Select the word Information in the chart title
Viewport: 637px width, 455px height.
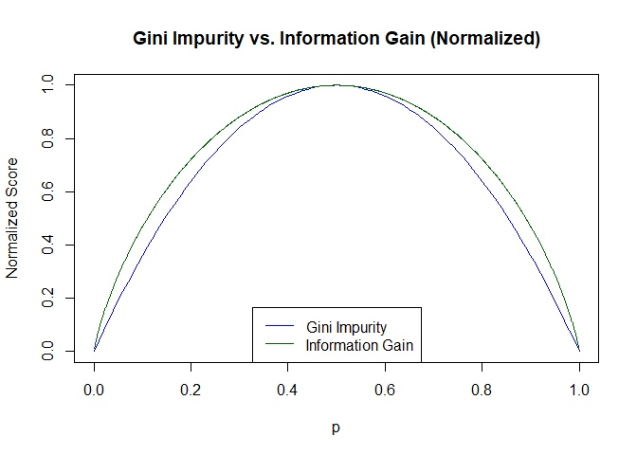point(327,39)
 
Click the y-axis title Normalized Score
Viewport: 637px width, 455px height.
point(12,218)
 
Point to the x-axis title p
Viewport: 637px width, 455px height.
point(337,428)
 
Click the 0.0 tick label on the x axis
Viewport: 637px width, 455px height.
point(94,388)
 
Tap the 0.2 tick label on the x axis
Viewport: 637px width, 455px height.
point(191,388)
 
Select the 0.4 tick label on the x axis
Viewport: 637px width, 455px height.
point(288,388)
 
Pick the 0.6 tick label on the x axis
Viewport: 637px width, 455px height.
point(385,388)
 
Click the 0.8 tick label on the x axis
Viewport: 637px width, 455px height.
point(482,388)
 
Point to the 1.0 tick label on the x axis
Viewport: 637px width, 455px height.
point(579,388)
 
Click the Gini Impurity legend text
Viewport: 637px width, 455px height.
point(346,327)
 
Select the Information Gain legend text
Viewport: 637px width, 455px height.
point(359,344)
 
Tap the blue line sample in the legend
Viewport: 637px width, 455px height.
point(280,327)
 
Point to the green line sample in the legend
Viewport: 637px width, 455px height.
point(280,344)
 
